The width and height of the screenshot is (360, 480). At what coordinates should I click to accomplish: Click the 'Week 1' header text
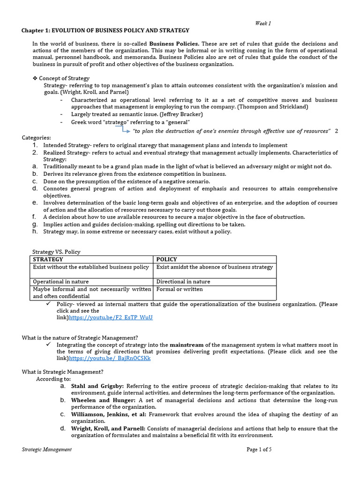click(263, 23)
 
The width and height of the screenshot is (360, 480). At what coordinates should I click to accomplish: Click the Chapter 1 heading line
click(105, 30)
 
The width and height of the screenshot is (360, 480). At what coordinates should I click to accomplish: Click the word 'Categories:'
click(37, 138)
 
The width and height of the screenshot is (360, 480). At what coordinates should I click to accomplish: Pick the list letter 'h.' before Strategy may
click(35, 231)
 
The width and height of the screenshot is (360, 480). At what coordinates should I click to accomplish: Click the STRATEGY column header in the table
click(48, 259)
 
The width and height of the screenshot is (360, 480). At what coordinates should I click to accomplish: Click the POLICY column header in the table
click(166, 259)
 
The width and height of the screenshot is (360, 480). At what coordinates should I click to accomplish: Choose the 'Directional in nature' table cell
click(183, 282)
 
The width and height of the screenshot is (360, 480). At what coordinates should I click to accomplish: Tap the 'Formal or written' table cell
click(180, 289)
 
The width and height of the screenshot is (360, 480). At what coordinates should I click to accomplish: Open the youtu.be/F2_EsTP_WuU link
click(111, 317)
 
